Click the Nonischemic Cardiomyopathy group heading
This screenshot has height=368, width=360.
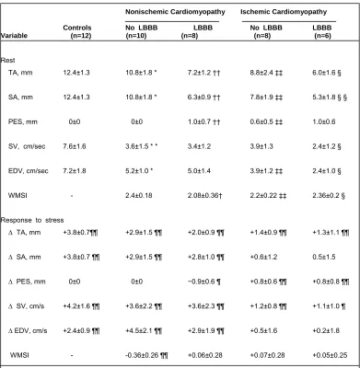point(175,12)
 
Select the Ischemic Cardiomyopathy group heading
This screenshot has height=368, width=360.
point(284,12)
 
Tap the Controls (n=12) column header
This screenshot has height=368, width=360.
point(77,31)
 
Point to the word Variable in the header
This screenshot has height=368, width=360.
point(14,36)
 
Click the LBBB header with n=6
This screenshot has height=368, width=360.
point(322,31)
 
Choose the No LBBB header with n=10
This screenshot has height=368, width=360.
point(142,31)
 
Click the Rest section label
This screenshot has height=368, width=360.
point(7,60)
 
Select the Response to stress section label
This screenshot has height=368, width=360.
point(32,220)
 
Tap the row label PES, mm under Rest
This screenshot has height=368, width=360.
point(23,122)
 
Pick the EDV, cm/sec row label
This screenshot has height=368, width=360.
point(29,171)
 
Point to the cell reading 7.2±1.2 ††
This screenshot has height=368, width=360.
point(203,73)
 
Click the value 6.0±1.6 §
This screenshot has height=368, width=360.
point(327,73)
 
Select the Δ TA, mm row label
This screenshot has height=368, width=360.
point(24,233)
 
